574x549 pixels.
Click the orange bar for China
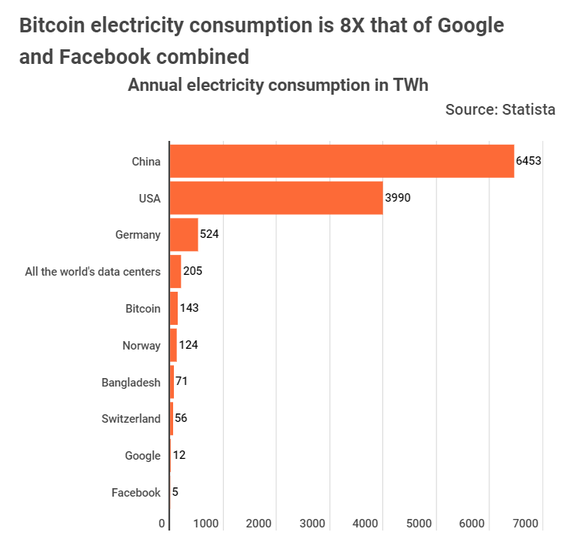pos(342,161)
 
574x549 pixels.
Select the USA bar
pos(276,198)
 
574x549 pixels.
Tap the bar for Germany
pos(184,235)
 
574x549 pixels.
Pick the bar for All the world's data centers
pos(175,271)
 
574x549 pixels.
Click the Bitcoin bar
pos(174,308)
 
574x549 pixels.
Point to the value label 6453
pos(529,161)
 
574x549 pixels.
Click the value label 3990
pos(398,198)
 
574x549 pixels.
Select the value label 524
pos(209,234)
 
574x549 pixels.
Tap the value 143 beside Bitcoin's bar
pos(189,308)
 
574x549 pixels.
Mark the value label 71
pos(182,381)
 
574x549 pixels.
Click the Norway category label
pos(142,346)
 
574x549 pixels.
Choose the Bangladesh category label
pos(131,383)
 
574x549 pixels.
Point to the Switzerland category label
pos(131,419)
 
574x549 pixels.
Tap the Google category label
pos(142,456)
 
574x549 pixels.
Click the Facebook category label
pos(136,493)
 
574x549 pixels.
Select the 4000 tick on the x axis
pos(365,524)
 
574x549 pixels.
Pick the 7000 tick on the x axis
pos(526,524)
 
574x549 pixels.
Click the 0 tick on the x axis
pos(162,524)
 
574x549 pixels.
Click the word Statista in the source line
pos(529,109)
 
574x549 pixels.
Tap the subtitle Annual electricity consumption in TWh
pos(278,85)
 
